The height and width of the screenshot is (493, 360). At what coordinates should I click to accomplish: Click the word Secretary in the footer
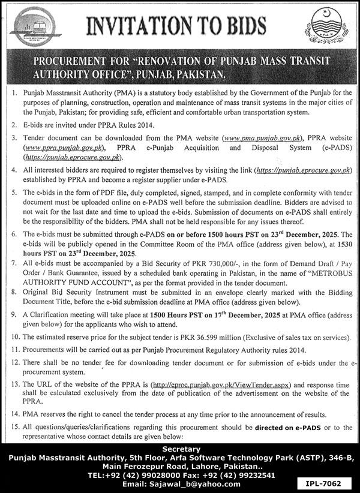[x=179, y=449]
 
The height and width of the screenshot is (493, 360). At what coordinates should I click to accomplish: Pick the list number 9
[x=13, y=314]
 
